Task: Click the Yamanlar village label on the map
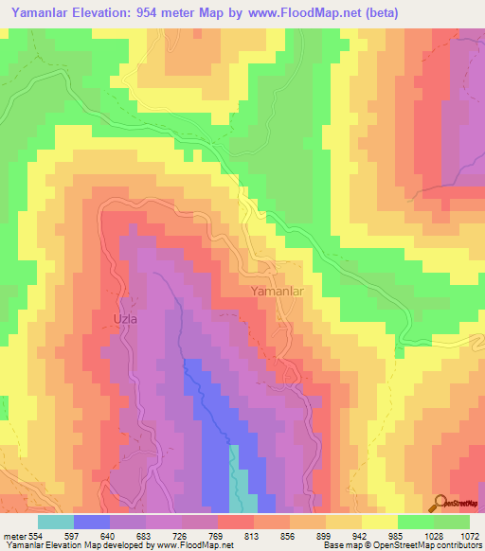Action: (277, 292)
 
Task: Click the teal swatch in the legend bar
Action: (56, 522)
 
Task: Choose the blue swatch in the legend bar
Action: (92, 522)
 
